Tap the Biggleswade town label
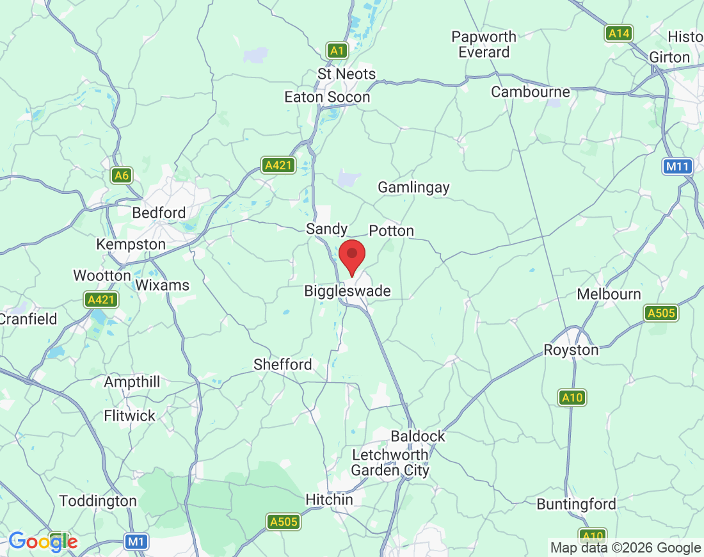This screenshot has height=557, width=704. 347,291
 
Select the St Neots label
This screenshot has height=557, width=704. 346,74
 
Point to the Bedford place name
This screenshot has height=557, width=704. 159,213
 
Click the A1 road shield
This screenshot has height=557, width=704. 337,50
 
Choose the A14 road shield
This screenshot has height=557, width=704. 618,33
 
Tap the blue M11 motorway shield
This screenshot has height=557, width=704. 677,167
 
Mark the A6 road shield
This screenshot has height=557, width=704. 121,175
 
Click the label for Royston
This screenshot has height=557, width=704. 571,350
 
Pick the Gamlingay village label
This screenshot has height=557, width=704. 413,188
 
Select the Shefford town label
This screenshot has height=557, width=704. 283,365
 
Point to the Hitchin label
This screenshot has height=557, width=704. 329,500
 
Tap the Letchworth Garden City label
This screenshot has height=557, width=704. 390,463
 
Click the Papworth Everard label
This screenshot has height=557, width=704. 484,45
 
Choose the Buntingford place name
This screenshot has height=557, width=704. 576,505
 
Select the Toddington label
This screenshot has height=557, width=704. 98,501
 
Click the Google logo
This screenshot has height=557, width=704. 43,542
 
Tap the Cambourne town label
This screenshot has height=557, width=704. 530,92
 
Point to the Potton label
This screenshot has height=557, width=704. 392,231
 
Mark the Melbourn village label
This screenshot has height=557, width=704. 609,295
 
